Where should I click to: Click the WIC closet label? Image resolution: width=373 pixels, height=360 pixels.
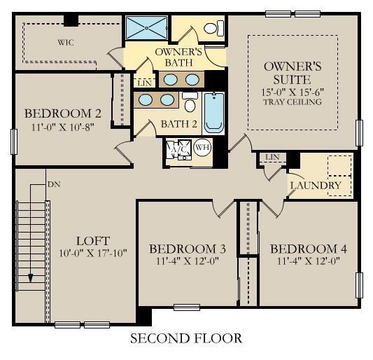tap(65, 43)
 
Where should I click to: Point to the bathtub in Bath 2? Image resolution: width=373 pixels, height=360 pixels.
tap(213, 112)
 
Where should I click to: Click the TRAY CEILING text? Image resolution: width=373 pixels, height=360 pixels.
tap(292, 102)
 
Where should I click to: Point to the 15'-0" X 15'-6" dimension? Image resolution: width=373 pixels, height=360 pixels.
tap(292, 92)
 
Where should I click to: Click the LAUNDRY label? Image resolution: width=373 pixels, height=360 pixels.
tap(316, 186)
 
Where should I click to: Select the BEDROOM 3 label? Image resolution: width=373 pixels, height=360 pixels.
tap(187, 249)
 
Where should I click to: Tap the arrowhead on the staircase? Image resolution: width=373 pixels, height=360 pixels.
tap(31, 278)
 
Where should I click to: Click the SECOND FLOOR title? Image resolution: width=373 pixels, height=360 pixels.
tap(186, 339)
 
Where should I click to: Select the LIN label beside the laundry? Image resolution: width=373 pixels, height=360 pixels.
tap(273, 157)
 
